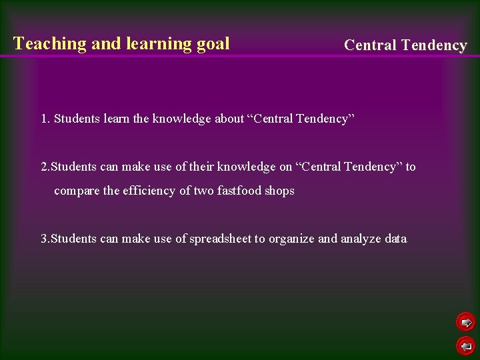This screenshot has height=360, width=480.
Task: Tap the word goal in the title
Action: (x=213, y=44)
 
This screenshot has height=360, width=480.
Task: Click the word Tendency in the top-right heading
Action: (x=434, y=45)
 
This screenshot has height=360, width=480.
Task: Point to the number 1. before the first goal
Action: (x=45, y=119)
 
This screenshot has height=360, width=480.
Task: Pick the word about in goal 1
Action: (x=229, y=119)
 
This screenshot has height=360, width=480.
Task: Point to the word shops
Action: (x=279, y=191)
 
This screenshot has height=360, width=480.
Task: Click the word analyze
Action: (x=363, y=239)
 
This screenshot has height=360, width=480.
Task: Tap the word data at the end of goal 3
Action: (x=395, y=239)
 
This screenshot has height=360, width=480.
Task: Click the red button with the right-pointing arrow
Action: (x=465, y=323)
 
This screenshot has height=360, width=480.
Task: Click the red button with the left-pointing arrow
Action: (x=465, y=345)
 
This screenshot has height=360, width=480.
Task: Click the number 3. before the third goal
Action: (x=45, y=239)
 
